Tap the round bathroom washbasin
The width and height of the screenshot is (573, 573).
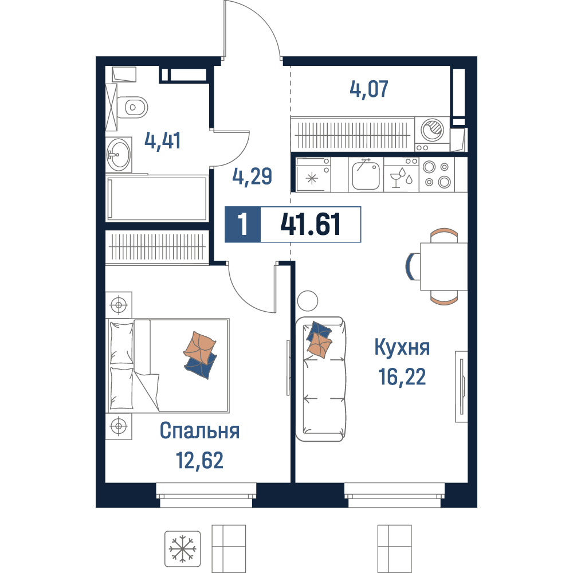tap(119, 155)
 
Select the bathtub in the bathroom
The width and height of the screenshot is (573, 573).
tap(156, 198)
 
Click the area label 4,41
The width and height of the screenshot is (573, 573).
tap(163, 141)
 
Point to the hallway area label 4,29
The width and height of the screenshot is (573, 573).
tap(252, 176)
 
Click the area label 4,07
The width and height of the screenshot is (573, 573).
tap(368, 89)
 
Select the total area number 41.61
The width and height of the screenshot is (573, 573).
tap(311, 225)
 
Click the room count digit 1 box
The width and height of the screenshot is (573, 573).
tap(242, 225)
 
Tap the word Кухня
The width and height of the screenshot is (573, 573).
tap(402, 347)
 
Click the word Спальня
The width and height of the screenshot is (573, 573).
tap(199, 431)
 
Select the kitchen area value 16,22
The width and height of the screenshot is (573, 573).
tap(402, 377)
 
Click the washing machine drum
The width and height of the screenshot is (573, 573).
tap(432, 129)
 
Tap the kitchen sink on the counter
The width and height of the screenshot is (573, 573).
tap(366, 175)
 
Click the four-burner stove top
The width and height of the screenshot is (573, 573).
tap(437, 174)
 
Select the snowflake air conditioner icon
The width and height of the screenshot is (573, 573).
tap(182, 549)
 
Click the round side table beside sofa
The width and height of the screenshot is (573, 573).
tap(308, 301)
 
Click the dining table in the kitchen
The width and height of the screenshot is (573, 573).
tap(444, 266)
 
